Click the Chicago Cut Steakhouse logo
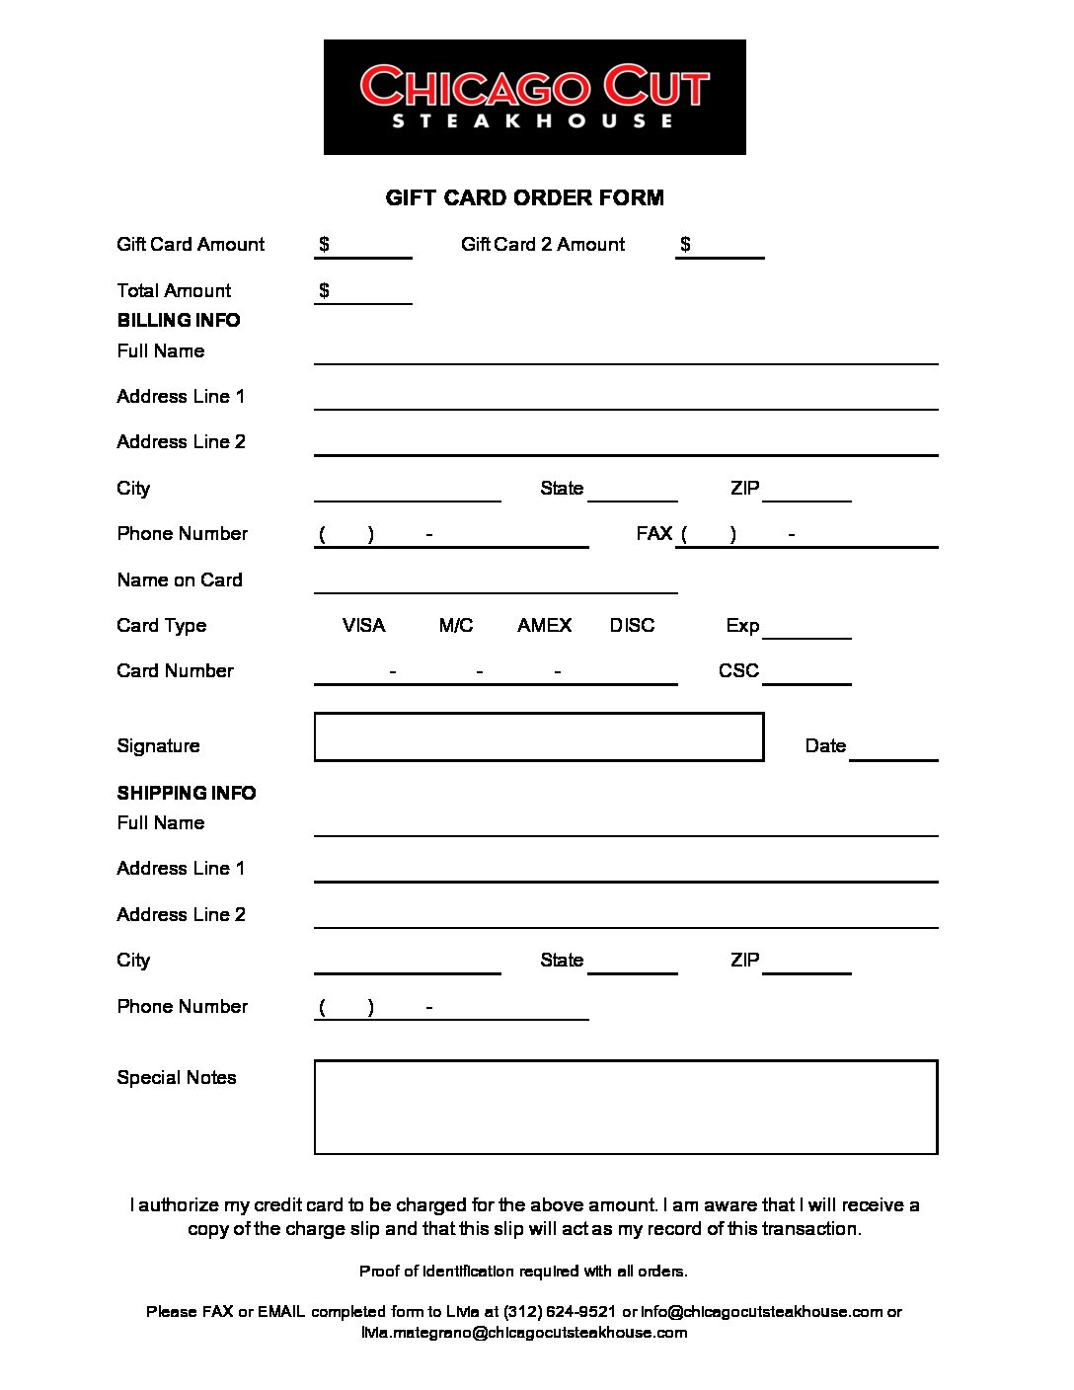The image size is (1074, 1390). click(x=534, y=97)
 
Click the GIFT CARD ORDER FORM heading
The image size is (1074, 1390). click(x=524, y=197)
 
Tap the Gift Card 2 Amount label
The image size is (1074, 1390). click(x=542, y=244)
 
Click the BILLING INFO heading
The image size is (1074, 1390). click(x=179, y=320)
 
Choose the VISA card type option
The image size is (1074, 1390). click(x=363, y=625)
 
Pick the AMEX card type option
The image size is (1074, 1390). click(x=544, y=625)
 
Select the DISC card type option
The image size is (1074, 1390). click(x=632, y=625)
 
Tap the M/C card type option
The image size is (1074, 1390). click(x=456, y=625)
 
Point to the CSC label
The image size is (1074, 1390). click(x=738, y=670)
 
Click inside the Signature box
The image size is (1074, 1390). click(x=538, y=736)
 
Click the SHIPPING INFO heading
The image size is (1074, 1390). click(x=187, y=793)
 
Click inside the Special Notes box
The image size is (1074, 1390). click(x=625, y=1107)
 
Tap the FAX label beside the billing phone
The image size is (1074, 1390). click(x=654, y=533)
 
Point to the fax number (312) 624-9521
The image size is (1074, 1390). click(x=560, y=1311)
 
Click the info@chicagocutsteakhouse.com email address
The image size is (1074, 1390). click(x=761, y=1311)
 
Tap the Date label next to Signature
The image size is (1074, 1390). click(x=825, y=745)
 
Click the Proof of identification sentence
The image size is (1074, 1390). click(x=523, y=1271)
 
